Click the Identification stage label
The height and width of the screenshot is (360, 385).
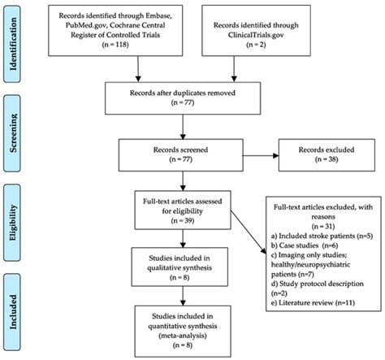(15, 41)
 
